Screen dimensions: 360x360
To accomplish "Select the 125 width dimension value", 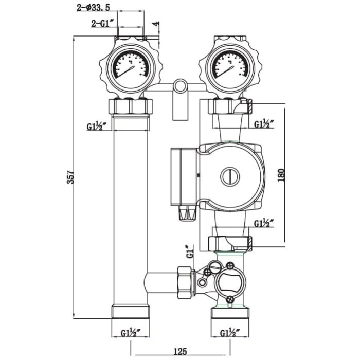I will click(x=179, y=352).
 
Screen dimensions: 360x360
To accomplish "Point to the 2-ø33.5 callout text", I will click(x=94, y=8).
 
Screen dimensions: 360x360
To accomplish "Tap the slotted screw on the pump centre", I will click(x=230, y=176).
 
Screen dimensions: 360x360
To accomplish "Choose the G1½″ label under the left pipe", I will click(x=131, y=333).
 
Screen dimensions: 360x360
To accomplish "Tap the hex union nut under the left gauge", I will click(x=131, y=106).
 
